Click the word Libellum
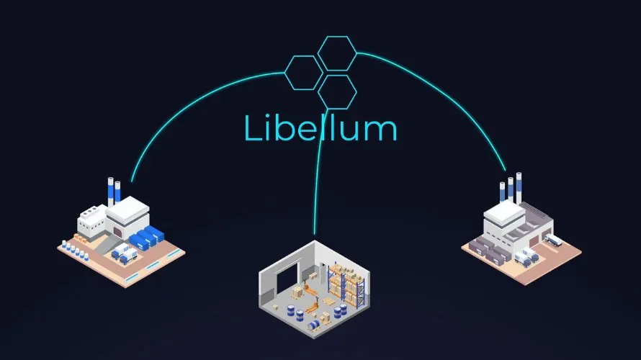click(x=320, y=127)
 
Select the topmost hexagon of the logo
click(x=337, y=37)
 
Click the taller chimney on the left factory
click(x=110, y=192)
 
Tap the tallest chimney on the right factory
click(x=519, y=187)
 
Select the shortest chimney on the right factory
click(x=502, y=192)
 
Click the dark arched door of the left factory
click(x=117, y=232)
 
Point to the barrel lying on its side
click(x=314, y=325)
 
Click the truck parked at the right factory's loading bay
click(x=552, y=240)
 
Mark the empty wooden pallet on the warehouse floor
click(x=329, y=302)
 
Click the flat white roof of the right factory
click(x=504, y=210)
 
